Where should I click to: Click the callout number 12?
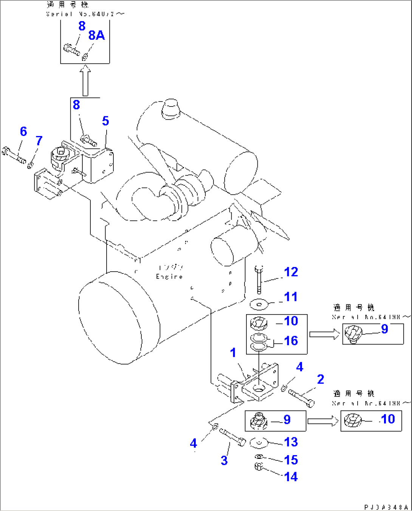click(291, 272)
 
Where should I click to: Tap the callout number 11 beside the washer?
click(291, 297)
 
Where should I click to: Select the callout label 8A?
click(96, 35)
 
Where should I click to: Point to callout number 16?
click(291, 341)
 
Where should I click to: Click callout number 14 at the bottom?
click(291, 477)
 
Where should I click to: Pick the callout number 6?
click(23, 131)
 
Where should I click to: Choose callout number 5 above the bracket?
click(105, 121)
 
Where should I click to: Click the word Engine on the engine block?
click(169, 276)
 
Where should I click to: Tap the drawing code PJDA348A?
click(386, 507)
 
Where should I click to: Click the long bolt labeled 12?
click(259, 280)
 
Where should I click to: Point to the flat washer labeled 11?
click(259, 303)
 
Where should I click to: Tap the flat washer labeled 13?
click(259, 442)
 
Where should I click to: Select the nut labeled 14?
click(259, 467)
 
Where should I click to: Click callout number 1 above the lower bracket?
click(233, 353)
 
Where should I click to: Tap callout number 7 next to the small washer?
click(39, 141)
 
